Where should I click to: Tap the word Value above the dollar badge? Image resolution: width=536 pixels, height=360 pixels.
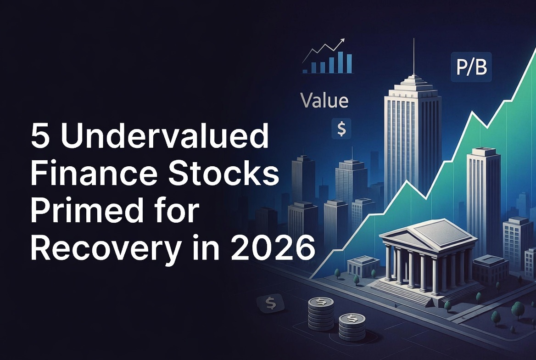click(x=324, y=101)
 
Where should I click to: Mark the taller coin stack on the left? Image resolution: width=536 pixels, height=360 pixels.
click(x=321, y=313)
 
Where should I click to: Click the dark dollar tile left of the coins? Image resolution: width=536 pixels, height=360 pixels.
click(x=271, y=303)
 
